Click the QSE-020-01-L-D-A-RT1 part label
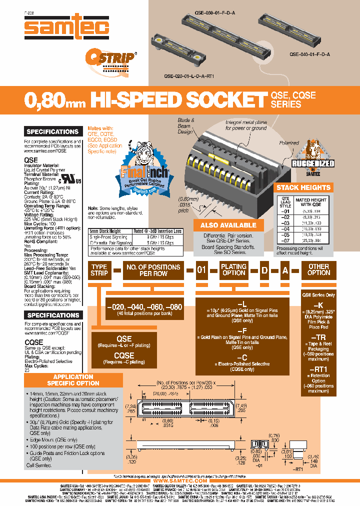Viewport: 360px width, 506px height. pos(189,76)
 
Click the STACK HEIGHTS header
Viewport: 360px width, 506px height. pos(303,187)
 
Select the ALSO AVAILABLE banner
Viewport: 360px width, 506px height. pos(228,225)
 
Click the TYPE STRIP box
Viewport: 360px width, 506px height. pos(99,270)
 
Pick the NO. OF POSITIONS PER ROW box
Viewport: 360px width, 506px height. pos(153,270)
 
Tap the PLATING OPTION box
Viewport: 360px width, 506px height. pos(233,270)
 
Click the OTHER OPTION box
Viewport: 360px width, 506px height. pos(318,270)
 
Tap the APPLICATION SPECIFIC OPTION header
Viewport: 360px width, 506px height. pos(73,379)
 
